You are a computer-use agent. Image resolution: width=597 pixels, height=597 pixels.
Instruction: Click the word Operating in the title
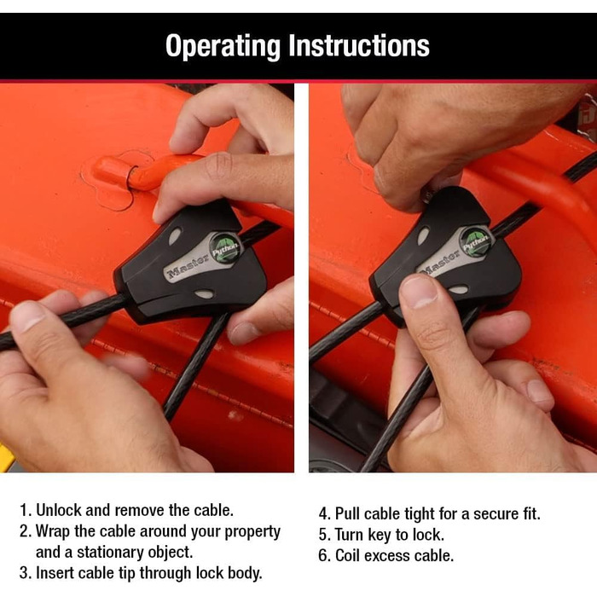[x=223, y=46]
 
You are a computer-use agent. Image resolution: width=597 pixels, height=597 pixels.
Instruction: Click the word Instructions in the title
[x=359, y=45]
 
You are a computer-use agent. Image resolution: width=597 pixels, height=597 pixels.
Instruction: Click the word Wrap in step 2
[x=53, y=531]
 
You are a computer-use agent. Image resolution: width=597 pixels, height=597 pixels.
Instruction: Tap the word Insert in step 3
[x=54, y=573]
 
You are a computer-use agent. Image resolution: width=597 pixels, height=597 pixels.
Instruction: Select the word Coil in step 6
[x=347, y=556]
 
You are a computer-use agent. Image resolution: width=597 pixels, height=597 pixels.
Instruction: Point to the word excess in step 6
[x=387, y=556]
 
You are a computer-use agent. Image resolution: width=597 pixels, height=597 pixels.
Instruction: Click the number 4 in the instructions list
[x=323, y=514]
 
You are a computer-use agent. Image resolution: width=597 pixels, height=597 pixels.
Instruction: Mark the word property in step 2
[x=252, y=532]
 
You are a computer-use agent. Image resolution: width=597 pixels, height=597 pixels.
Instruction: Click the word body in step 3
[x=245, y=573]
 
